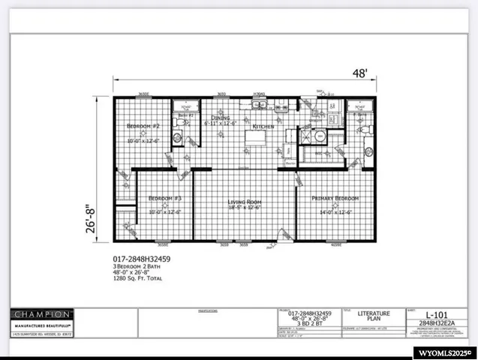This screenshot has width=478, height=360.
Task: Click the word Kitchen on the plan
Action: tap(264, 127)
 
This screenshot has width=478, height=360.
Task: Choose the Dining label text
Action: tap(221, 118)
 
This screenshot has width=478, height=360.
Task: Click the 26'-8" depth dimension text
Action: tap(91, 214)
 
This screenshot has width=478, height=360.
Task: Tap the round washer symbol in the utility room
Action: tap(320, 137)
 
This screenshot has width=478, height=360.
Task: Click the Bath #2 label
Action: tap(185, 115)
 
